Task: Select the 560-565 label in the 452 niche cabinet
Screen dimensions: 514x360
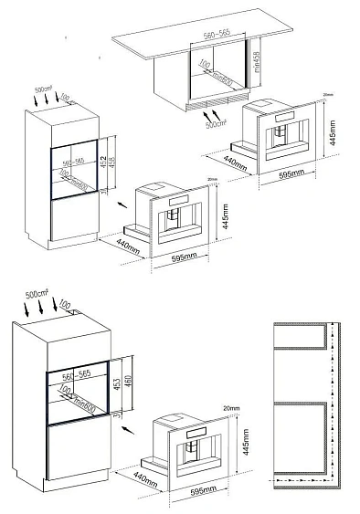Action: coord(71,160)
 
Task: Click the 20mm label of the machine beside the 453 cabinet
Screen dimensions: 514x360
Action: coord(228,406)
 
